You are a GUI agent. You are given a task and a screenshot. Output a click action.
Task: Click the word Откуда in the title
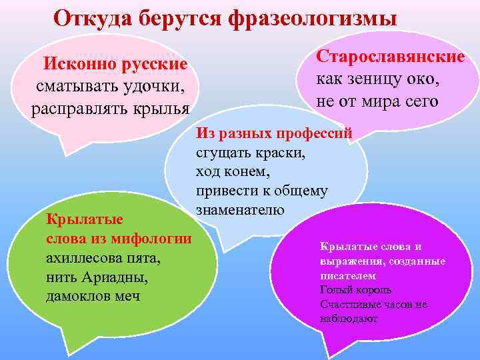tap(93, 17)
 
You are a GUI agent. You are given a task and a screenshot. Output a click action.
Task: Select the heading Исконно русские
tap(115, 65)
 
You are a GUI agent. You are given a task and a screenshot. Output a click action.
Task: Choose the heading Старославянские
tap(389, 56)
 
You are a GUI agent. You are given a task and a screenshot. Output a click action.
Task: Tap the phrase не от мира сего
tap(377, 101)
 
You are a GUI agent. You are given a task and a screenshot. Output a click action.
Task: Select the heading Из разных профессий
tap(273, 133)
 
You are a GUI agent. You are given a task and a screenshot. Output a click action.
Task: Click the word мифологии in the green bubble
tap(153, 238)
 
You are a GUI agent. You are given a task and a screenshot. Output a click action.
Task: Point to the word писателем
tap(348, 275)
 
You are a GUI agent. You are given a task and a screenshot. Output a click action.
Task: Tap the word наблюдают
tap(349, 319)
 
